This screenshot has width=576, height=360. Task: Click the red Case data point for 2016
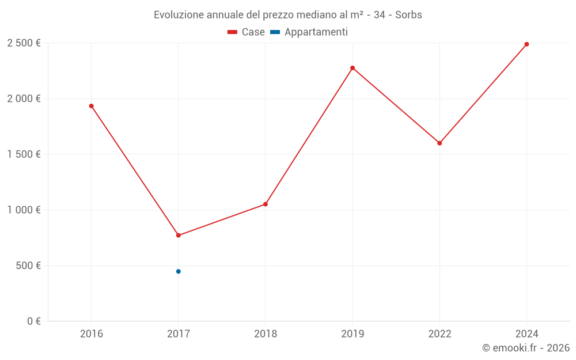(91, 106)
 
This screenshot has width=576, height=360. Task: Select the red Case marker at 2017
(179, 236)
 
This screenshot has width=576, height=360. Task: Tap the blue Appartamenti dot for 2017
(179, 271)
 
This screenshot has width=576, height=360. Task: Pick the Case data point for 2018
(266, 204)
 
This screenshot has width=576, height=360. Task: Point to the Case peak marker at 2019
(353, 68)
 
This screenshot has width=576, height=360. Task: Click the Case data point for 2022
(439, 143)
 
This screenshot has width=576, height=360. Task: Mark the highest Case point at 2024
(526, 44)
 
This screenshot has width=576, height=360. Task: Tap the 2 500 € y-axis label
(24, 43)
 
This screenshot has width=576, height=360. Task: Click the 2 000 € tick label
(24, 98)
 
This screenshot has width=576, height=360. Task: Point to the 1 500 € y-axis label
(24, 154)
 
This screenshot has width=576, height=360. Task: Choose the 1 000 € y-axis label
(24, 210)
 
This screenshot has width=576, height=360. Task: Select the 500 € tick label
(28, 266)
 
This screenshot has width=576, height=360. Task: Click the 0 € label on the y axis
(32, 321)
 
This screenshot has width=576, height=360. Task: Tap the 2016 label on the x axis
(91, 334)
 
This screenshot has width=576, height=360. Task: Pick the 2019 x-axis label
(353, 334)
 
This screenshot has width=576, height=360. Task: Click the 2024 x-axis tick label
(526, 334)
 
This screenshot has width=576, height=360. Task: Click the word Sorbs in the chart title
(408, 15)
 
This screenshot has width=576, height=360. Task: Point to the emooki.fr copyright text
(525, 348)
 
